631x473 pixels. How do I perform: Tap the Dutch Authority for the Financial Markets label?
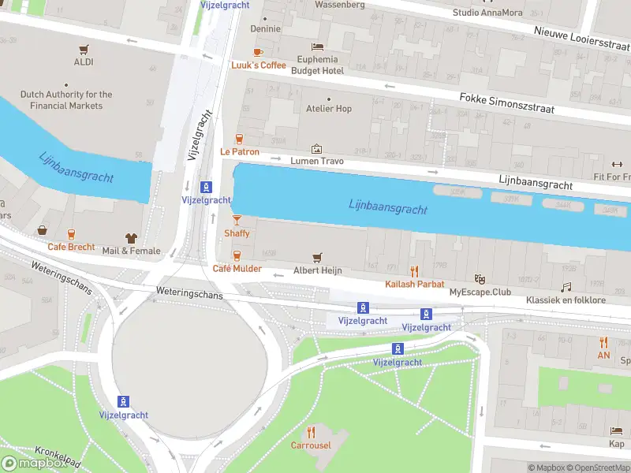click(x=66, y=99)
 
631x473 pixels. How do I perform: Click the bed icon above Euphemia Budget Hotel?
click(x=318, y=47)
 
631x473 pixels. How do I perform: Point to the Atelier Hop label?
click(x=329, y=109)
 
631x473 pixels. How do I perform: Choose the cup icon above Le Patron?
click(x=239, y=139)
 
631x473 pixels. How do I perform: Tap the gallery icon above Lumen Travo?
click(x=317, y=148)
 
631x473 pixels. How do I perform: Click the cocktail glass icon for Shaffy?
click(x=237, y=220)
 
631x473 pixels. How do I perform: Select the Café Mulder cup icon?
click(x=237, y=255)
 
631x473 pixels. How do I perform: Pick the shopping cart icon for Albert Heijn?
click(x=318, y=257)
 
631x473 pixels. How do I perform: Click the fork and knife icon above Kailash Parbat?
click(x=414, y=271)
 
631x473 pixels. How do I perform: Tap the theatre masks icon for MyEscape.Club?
click(x=479, y=279)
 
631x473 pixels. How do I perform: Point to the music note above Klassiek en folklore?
click(x=566, y=288)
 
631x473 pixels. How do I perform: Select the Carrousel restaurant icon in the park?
click(x=311, y=432)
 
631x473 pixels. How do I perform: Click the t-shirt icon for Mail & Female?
click(x=131, y=237)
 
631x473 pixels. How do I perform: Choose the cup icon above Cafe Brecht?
click(x=71, y=234)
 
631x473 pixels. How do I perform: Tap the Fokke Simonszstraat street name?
click(x=507, y=102)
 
